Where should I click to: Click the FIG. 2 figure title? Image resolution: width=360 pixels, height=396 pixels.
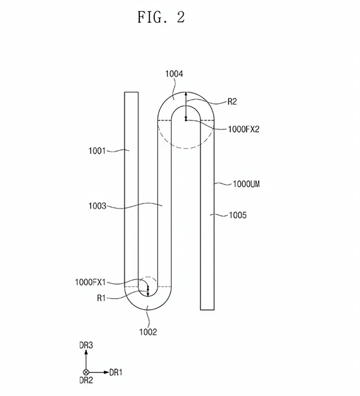[x=161, y=17]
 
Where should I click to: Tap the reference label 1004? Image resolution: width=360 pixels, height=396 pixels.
[x=174, y=74]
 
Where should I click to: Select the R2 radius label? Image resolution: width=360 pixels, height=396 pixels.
[x=232, y=101]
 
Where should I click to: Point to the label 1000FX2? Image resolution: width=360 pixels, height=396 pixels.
[x=244, y=130]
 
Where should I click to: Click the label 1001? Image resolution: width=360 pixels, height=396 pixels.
[x=97, y=151]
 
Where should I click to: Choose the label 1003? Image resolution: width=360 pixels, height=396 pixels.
[x=97, y=206]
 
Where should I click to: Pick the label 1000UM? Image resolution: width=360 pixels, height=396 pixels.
[x=246, y=184]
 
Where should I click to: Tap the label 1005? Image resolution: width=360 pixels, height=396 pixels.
[x=238, y=215]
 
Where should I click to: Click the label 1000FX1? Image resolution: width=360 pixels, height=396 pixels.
[x=90, y=282]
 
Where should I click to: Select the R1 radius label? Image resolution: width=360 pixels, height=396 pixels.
[x=101, y=298]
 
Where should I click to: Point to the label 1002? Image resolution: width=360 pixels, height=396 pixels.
[x=148, y=332]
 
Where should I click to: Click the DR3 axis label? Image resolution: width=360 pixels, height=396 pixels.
[x=86, y=345]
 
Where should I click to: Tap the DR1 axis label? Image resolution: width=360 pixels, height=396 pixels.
[x=116, y=372]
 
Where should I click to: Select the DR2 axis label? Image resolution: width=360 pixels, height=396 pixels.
[x=86, y=380]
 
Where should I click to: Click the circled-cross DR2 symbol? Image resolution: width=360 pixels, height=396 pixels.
[x=86, y=372]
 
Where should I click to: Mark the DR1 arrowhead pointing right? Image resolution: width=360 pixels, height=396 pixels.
[x=106, y=372]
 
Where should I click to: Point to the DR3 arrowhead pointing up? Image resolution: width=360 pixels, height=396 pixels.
[x=86, y=352]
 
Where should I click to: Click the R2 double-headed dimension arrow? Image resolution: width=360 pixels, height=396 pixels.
[x=186, y=106]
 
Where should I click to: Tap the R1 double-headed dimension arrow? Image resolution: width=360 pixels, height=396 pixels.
[x=148, y=290]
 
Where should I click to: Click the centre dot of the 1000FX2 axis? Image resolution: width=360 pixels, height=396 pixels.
[x=186, y=120]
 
